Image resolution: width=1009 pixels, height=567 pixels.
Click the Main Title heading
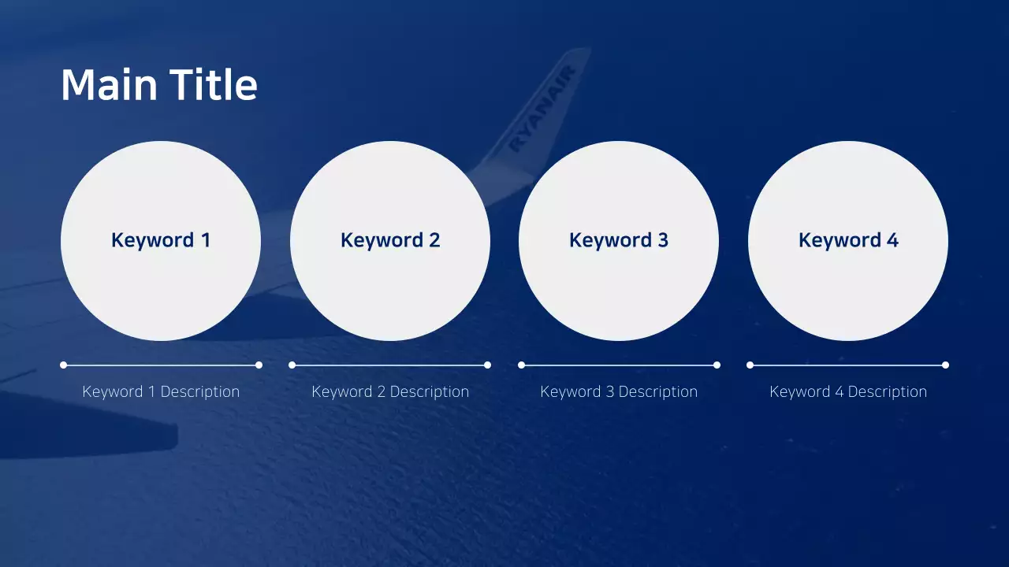tap(159, 85)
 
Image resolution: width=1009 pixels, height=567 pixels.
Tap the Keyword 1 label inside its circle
tap(161, 240)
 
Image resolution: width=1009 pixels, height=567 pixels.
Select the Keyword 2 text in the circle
tap(390, 240)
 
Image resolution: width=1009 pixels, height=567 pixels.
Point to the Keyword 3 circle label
tap(619, 240)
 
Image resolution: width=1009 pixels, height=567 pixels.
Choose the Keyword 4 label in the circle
tap(848, 240)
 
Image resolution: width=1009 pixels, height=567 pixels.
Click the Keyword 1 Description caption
tap(161, 391)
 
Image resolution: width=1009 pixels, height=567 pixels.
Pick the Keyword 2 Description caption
tap(390, 391)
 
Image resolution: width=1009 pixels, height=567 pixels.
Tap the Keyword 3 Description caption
tap(619, 391)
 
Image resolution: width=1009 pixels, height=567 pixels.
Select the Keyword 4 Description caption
tap(848, 391)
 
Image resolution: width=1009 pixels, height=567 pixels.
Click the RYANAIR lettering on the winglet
tap(543, 109)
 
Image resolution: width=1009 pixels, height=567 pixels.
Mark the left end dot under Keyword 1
tap(63, 365)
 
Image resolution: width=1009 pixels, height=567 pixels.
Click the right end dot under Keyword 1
tap(259, 365)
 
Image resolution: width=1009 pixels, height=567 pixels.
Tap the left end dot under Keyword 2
tap(292, 365)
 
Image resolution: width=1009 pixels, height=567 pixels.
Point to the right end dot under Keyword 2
tap(487, 365)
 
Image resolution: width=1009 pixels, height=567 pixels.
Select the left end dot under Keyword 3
tap(521, 365)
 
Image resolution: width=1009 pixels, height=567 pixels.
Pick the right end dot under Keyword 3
tap(717, 365)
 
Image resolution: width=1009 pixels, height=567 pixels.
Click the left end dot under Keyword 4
tap(750, 365)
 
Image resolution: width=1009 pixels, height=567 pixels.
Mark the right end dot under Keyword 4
tap(945, 365)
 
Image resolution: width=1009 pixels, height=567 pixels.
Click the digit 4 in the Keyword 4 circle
tap(892, 240)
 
